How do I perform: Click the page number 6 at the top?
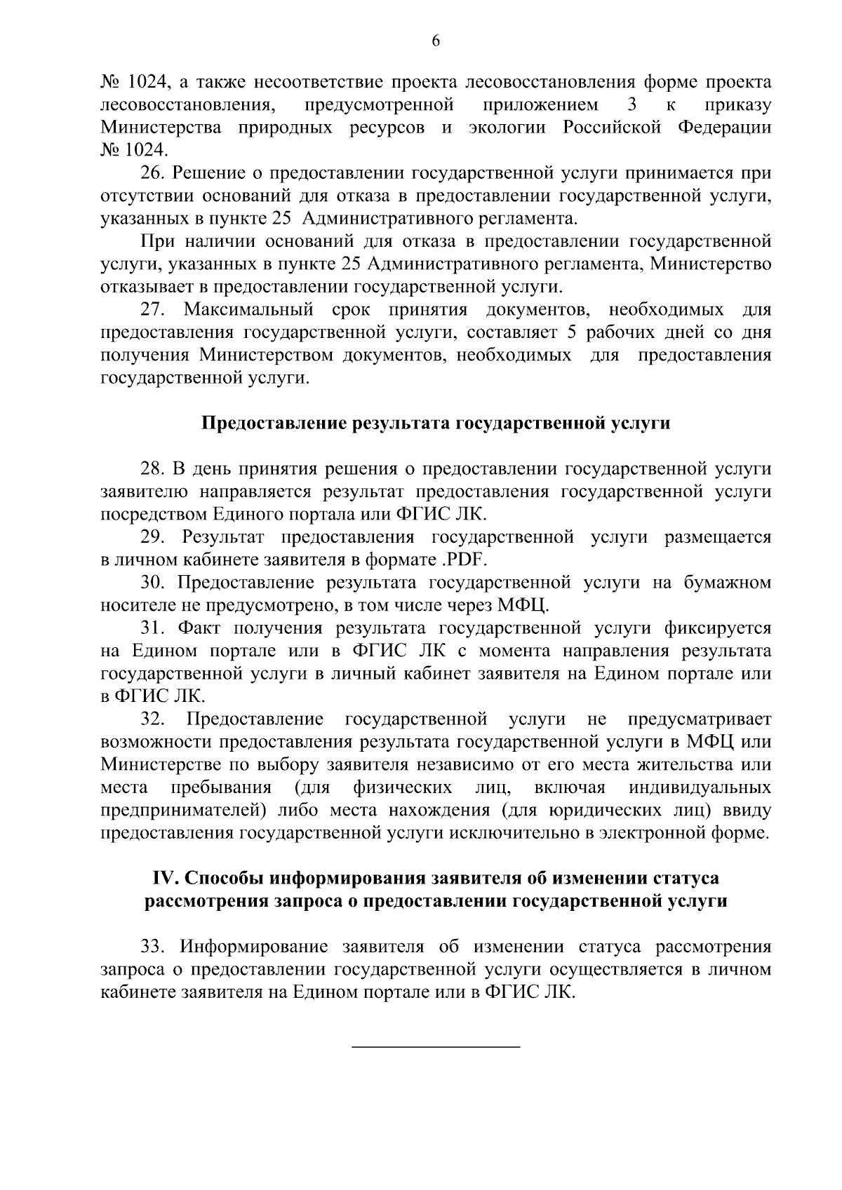(435, 41)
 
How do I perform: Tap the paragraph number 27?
(152, 309)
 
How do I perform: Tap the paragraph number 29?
(152, 538)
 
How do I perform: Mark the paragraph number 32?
(152, 719)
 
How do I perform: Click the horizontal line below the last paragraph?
(435, 1047)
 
